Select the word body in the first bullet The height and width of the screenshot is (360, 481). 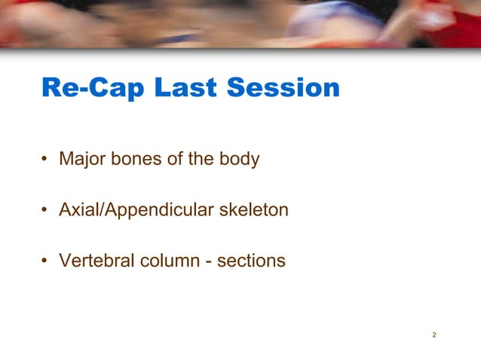click(240, 160)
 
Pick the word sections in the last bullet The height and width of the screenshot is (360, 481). click(251, 261)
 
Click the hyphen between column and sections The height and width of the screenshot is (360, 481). click(209, 262)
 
